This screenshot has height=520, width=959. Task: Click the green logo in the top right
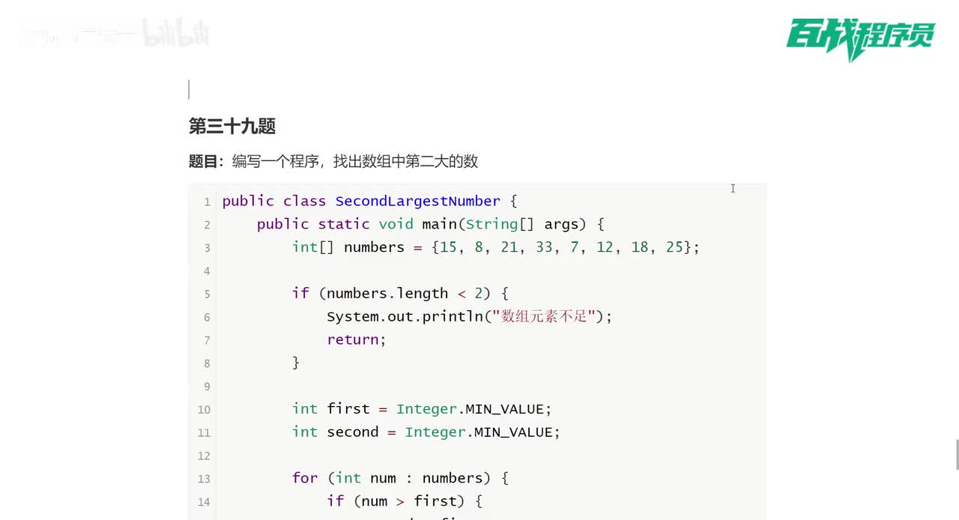pos(860,37)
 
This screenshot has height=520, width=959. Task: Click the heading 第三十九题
pos(232,126)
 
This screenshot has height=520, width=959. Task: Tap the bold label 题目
pos(203,161)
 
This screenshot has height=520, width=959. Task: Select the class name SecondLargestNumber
pos(417,201)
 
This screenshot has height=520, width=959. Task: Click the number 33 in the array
pos(544,247)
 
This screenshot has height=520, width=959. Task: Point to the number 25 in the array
pos(674,247)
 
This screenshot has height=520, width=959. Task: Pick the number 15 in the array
pos(448,247)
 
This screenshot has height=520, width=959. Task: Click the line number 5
pos(207,294)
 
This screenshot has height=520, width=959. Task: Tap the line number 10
pos(204,410)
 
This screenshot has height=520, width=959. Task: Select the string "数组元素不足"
pos(544,316)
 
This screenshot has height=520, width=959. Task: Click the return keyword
pos(353,339)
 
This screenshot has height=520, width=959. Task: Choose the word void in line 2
pos(396,224)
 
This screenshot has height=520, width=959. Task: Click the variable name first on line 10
pos(348,409)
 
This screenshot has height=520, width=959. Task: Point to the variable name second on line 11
pos(353,432)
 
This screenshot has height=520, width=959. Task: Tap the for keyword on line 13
pos(305,478)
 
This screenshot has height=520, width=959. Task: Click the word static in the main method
pos(344,224)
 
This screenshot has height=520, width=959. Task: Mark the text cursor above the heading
pos(189,90)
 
